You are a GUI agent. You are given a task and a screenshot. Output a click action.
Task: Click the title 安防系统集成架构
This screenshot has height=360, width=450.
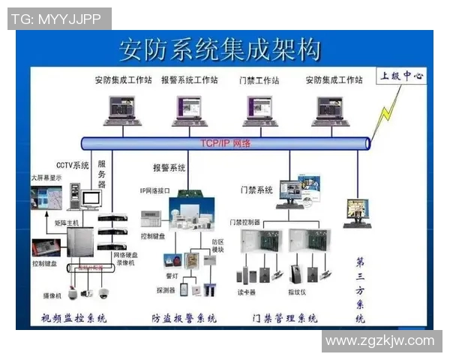(x=220, y=49)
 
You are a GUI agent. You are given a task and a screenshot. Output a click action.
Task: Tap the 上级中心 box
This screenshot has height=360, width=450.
(x=401, y=76)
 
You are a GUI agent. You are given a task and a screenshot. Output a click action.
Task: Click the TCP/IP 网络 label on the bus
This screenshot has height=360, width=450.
(x=225, y=142)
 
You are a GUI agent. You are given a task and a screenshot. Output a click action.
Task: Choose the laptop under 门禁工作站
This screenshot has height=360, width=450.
(x=260, y=110)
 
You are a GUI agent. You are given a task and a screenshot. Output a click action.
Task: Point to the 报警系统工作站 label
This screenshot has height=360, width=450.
(x=189, y=79)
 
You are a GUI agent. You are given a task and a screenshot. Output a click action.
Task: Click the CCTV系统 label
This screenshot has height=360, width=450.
(x=73, y=165)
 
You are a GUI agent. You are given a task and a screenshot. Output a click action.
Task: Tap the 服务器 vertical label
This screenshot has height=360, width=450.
(x=102, y=173)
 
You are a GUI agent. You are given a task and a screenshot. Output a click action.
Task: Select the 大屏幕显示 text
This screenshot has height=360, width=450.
(x=46, y=178)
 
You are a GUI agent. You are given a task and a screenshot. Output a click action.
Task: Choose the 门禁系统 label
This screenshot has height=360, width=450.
(x=256, y=190)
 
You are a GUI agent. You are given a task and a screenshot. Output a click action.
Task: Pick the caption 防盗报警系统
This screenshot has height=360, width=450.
(x=184, y=318)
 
